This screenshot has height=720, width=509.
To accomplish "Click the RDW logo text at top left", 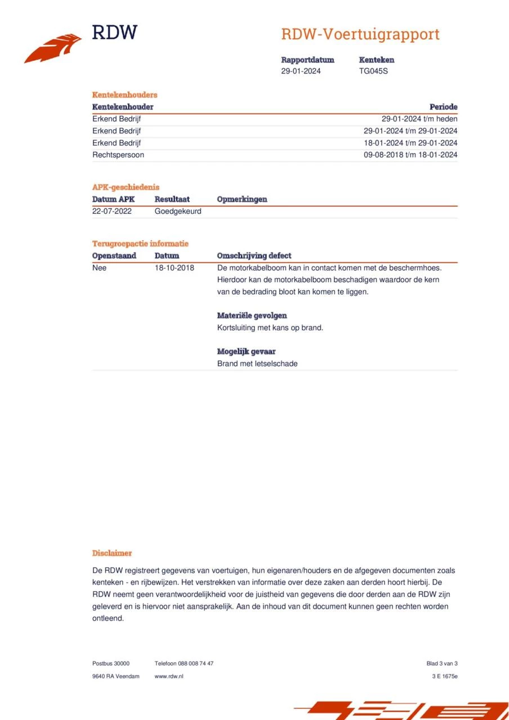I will (x=114, y=32).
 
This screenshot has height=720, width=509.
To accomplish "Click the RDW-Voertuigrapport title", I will (x=360, y=34).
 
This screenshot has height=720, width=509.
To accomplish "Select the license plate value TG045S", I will (x=373, y=71).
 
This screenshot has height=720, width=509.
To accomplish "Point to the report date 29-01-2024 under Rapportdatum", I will (x=301, y=71).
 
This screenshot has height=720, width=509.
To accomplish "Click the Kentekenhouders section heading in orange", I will (x=124, y=94).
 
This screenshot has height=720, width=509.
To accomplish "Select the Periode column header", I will (x=443, y=107).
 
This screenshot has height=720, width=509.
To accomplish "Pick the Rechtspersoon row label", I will (x=118, y=155).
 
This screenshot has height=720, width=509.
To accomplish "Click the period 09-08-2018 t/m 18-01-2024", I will (x=410, y=155).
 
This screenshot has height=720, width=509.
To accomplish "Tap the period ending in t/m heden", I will (x=419, y=119).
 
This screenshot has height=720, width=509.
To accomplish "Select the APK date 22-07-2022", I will (x=112, y=211).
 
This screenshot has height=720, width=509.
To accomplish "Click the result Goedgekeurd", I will (x=178, y=211).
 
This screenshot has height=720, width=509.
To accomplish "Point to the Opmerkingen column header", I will (x=242, y=199).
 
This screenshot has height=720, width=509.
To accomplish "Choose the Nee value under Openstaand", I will (x=99, y=268).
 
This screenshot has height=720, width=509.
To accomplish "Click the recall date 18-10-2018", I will (x=175, y=268).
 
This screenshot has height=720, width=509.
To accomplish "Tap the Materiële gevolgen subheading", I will (x=252, y=316).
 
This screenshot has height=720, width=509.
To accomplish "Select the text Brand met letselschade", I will (x=257, y=363).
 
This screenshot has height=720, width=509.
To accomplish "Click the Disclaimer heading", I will (x=112, y=553).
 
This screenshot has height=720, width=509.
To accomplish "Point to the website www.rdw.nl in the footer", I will (x=169, y=676).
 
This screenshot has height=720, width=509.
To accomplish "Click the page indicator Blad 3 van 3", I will (x=442, y=663).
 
